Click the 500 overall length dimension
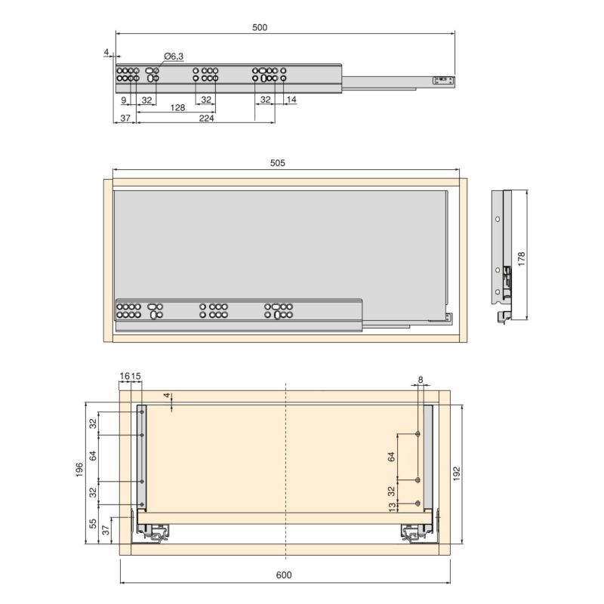tap(259, 27)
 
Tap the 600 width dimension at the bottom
tap(284, 575)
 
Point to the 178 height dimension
tap(521, 257)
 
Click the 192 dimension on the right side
tap(456, 472)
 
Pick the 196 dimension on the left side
tap(80, 470)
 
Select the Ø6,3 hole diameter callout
tap(173, 57)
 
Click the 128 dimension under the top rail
tap(178, 108)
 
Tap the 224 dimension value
tap(206, 119)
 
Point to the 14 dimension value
tap(291, 100)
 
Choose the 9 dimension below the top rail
tap(123, 100)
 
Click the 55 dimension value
tap(93, 524)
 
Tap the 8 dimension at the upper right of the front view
tap(421, 380)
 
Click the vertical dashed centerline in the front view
tap(285, 468)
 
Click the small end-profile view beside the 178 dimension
tap(501, 257)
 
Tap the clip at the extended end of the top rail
tap(443, 79)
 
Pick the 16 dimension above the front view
tap(124, 375)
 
